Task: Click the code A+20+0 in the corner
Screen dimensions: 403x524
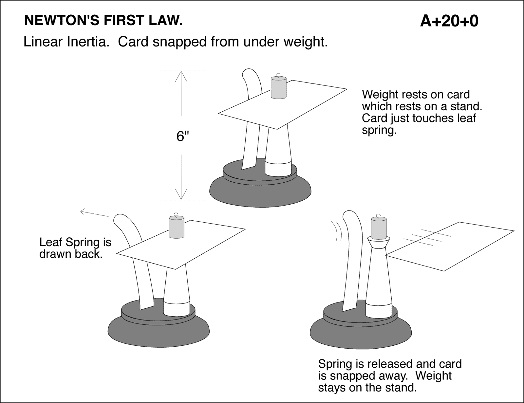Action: pos(449,21)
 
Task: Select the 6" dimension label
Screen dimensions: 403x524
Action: pos(183,136)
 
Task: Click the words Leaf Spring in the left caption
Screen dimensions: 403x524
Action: pos(67,243)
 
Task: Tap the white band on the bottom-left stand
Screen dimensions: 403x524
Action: pos(176,308)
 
